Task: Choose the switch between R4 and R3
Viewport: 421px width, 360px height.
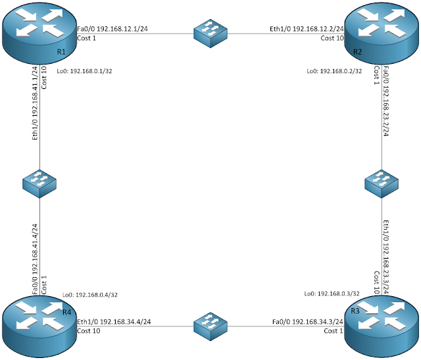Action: pos(210,324)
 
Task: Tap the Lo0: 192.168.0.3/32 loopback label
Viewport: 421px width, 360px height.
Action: pos(333,294)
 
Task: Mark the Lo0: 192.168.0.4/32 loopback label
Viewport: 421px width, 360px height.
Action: pos(90,295)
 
